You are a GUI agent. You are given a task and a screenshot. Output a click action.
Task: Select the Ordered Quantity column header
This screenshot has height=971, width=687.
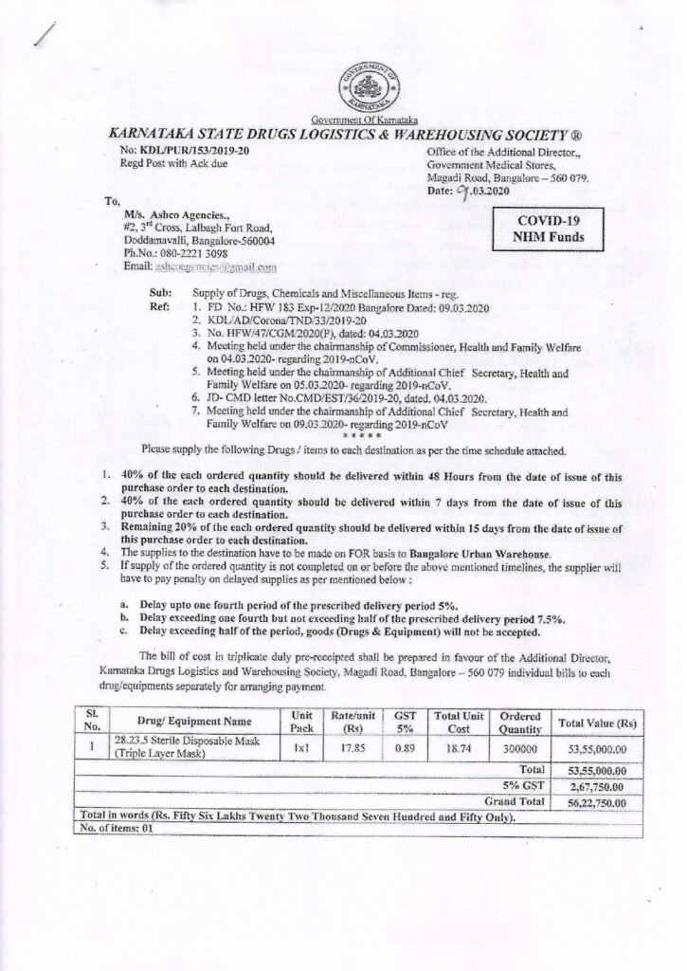[x=519, y=723]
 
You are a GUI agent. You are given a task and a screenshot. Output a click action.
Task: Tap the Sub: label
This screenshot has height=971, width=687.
[x=162, y=295]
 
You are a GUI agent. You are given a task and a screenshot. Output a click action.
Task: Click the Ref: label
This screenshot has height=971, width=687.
[x=161, y=308]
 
